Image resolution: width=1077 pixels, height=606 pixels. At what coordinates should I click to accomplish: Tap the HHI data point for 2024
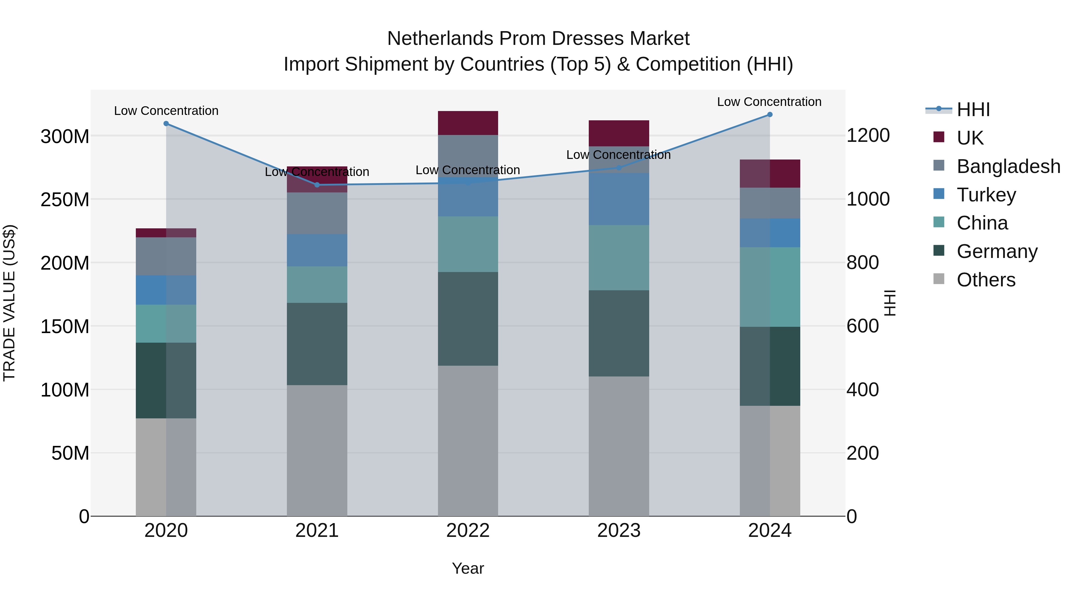click(x=770, y=115)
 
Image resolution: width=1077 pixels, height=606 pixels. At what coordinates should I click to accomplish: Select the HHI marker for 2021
click(x=317, y=185)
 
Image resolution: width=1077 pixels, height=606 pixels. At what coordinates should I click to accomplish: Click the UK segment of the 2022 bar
click(x=468, y=123)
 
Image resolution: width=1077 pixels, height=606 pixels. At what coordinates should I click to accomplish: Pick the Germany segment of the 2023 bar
click(x=619, y=333)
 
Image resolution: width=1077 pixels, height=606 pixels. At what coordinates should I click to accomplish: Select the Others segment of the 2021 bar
click(x=317, y=450)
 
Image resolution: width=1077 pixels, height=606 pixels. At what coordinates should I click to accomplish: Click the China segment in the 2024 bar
click(x=770, y=287)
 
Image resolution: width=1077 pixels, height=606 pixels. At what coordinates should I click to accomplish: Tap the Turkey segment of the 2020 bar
click(x=166, y=290)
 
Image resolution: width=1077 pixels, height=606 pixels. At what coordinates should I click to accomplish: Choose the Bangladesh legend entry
click(x=1008, y=166)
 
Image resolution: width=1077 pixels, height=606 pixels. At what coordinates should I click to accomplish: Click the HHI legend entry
click(x=973, y=110)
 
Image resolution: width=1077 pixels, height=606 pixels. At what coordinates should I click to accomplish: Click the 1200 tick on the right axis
click(x=868, y=136)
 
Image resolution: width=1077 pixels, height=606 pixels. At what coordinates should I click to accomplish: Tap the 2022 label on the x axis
click(x=468, y=531)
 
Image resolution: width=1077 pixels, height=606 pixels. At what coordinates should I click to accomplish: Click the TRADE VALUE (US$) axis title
click(x=9, y=303)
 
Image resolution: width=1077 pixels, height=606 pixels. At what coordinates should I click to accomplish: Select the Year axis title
click(x=468, y=568)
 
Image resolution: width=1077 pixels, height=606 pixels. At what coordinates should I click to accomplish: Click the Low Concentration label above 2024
click(x=769, y=102)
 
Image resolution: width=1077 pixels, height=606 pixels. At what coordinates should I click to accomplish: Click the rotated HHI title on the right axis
click(x=890, y=303)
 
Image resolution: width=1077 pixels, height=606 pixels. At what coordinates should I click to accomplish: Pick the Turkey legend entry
click(x=986, y=195)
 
